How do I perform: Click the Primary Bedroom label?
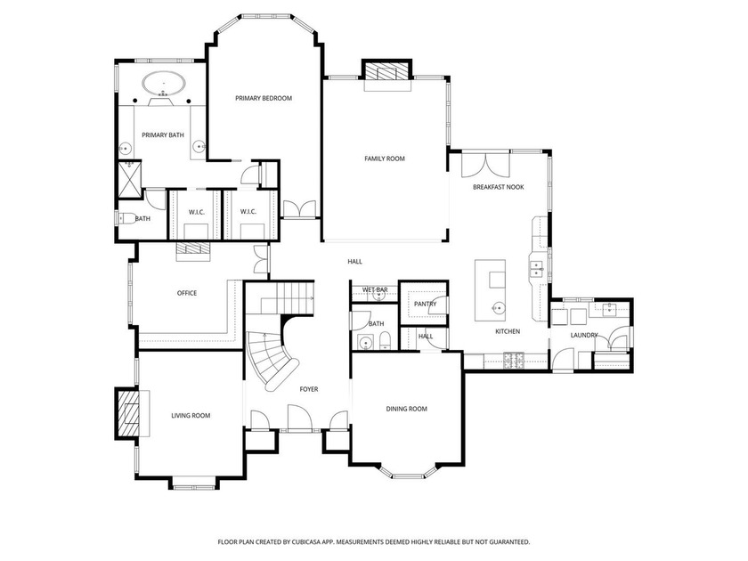click(264, 98)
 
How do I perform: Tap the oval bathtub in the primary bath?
click(163, 84)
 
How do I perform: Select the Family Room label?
click(385, 159)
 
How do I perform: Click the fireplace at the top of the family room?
click(386, 70)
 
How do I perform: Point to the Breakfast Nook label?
click(498, 187)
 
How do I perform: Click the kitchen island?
click(490, 290)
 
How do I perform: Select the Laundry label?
click(584, 336)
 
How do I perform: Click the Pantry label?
click(425, 304)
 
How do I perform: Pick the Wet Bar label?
click(375, 289)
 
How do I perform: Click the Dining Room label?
click(406, 409)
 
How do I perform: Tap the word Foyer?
click(309, 389)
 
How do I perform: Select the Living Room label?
click(191, 416)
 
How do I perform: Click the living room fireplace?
click(126, 413)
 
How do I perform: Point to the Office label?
click(187, 293)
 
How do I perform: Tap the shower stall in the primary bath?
click(130, 179)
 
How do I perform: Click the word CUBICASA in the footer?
click(308, 542)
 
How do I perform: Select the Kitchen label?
click(508, 331)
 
